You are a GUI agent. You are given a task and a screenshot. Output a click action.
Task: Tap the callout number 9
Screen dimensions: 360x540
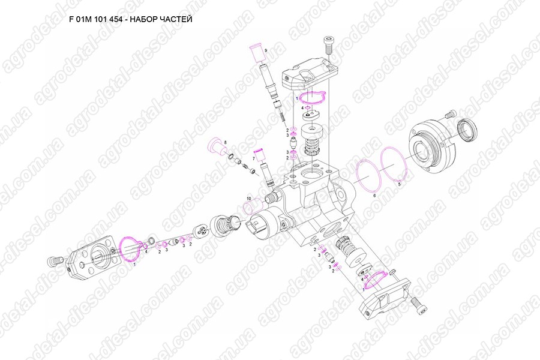pyautogui.click(x=265, y=48)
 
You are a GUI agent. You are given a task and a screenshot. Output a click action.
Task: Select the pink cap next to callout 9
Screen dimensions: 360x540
pyautogui.click(x=255, y=53)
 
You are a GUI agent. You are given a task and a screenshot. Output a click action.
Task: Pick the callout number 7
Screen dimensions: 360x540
pyautogui.click(x=254, y=158)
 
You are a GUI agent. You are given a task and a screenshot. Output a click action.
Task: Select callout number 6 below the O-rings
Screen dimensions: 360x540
pyautogui.click(x=374, y=196)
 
